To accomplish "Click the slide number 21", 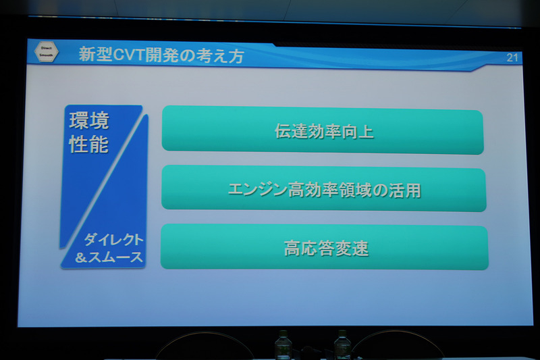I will point(512,57).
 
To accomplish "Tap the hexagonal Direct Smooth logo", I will point(46,53).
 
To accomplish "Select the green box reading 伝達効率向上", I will point(323,131).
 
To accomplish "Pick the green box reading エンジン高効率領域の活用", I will point(323,190).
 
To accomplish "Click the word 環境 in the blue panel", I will point(89,122).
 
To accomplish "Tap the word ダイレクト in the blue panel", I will point(114,240).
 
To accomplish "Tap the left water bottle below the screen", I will point(282,345).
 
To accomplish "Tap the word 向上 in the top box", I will point(357,132).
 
